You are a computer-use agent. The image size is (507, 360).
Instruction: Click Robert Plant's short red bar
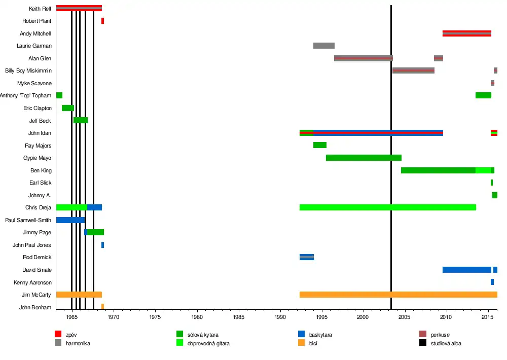(x=102, y=21)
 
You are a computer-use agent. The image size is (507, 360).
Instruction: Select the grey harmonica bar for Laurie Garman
(x=323, y=46)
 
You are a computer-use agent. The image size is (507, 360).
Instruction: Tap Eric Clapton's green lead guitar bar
(x=68, y=108)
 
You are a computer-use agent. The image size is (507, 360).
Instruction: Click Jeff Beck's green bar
(x=81, y=120)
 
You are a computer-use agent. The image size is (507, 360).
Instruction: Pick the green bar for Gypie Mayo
(x=364, y=158)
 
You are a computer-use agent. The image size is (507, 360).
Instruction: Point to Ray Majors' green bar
(x=320, y=145)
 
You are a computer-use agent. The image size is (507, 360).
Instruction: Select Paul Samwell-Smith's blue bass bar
(x=70, y=220)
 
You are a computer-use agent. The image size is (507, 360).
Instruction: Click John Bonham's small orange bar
(x=102, y=307)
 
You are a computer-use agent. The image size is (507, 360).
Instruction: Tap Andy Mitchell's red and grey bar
(x=466, y=33)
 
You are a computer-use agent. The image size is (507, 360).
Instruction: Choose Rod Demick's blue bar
(x=307, y=257)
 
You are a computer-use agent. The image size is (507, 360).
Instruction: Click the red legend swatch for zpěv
(x=58, y=334)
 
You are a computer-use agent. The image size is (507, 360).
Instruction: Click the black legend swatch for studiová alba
(x=423, y=343)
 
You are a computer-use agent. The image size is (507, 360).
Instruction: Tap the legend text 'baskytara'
(x=320, y=335)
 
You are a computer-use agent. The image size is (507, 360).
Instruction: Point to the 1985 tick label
(x=239, y=317)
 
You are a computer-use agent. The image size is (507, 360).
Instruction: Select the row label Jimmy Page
(x=37, y=232)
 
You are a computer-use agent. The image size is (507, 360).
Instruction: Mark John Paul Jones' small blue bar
(x=102, y=245)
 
